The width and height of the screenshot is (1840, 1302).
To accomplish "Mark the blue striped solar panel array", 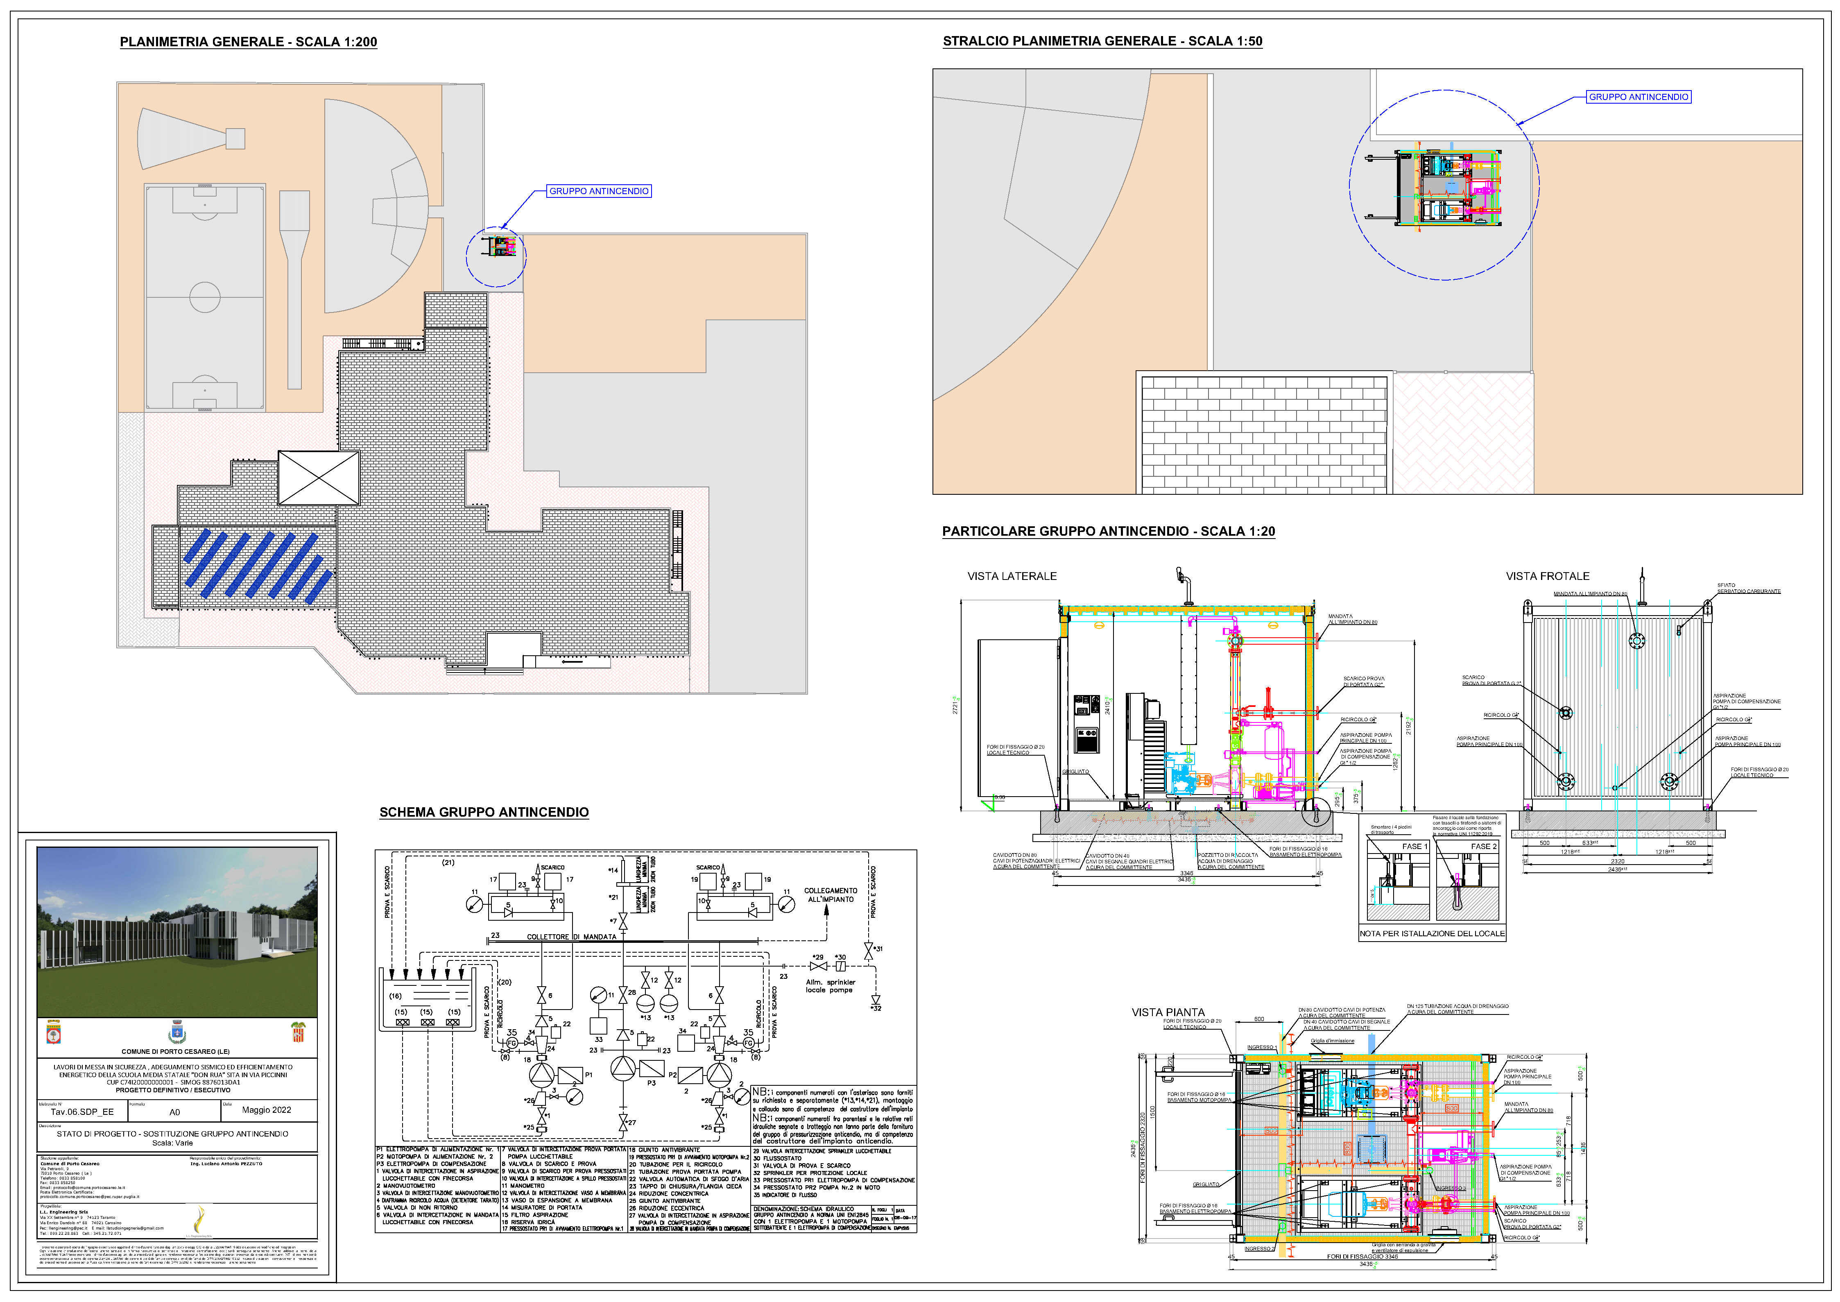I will (256, 565).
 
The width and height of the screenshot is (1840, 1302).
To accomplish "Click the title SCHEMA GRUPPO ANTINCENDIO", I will (484, 812).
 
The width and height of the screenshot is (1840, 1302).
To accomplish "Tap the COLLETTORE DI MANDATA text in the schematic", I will (571, 936).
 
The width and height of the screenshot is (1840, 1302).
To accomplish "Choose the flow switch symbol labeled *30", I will (840, 966).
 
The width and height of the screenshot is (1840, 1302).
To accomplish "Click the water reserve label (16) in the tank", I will (395, 996).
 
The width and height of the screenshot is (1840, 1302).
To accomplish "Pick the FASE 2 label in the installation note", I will (1483, 846).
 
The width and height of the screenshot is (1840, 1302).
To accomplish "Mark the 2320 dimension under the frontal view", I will (1617, 861).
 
